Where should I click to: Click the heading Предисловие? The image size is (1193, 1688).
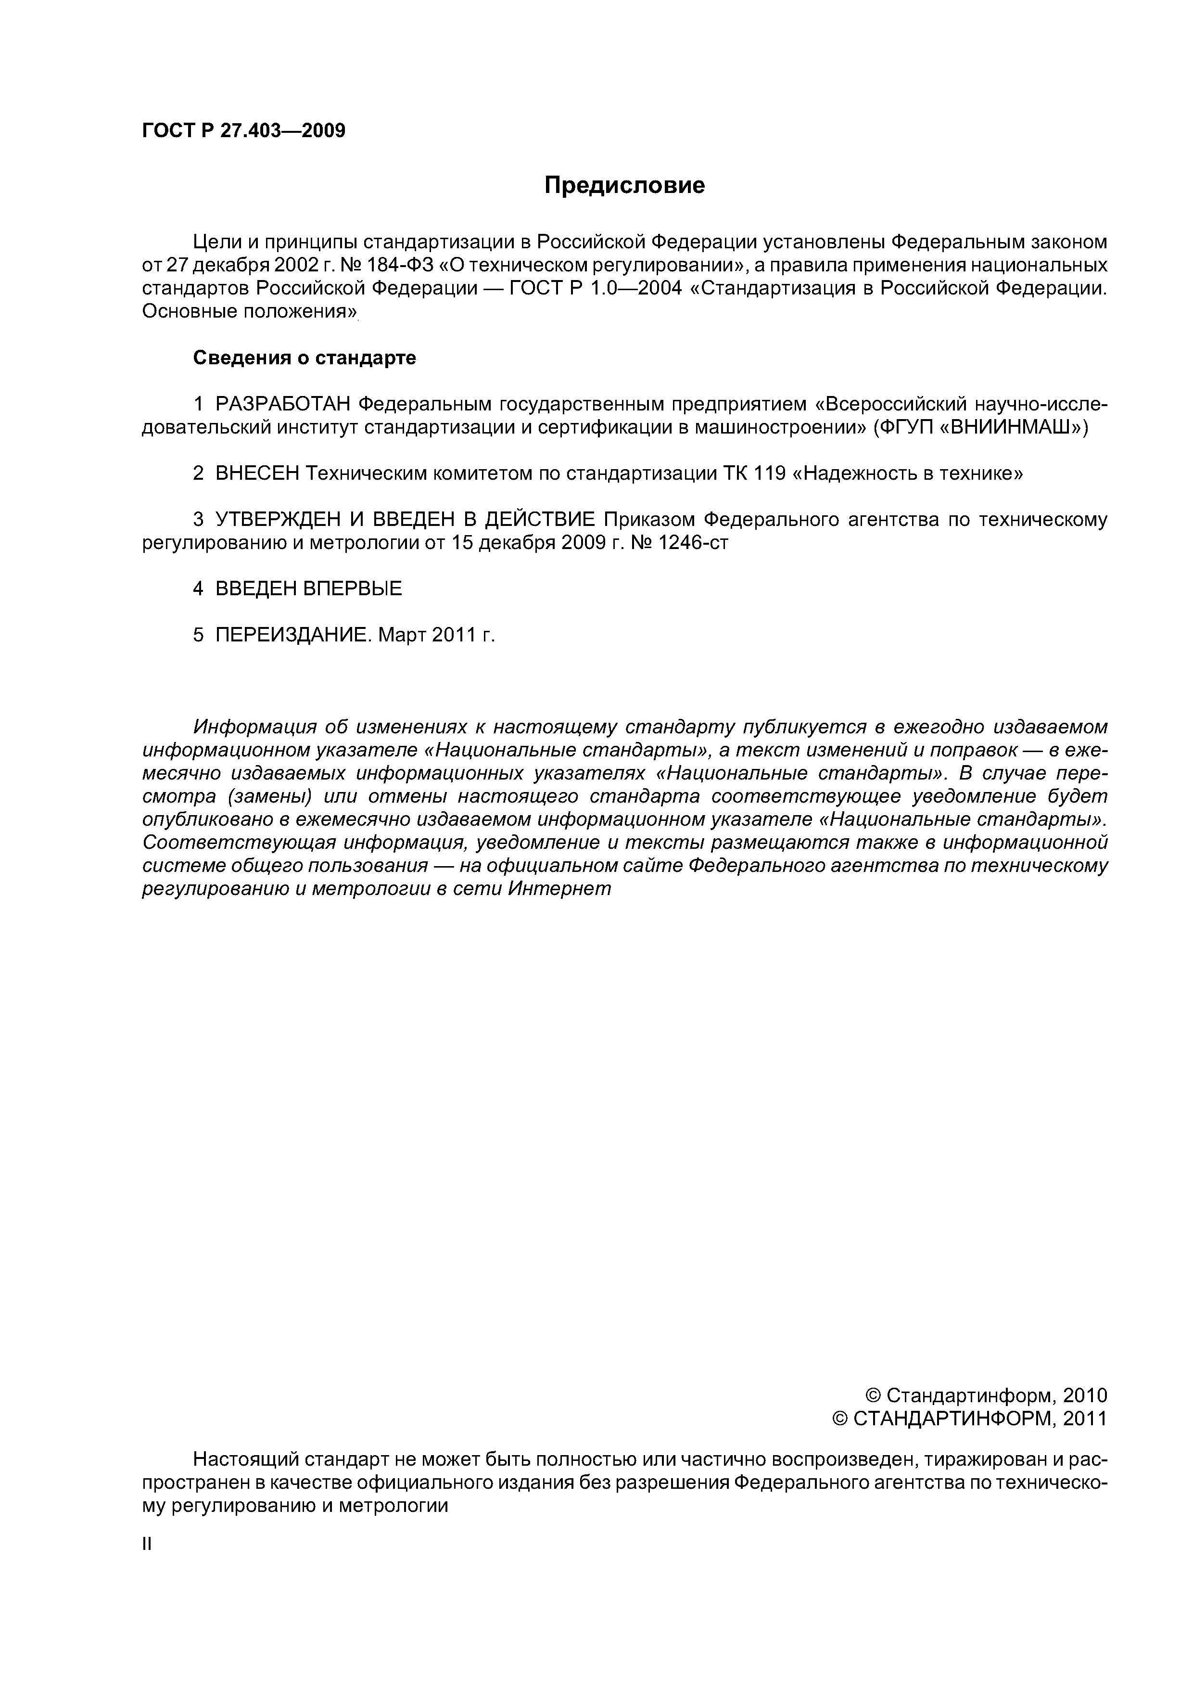pos(624,185)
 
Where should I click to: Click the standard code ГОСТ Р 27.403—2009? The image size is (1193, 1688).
pos(243,131)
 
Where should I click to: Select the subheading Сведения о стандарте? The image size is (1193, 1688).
pos(305,358)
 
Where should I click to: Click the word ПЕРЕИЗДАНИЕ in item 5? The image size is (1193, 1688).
pos(293,635)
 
